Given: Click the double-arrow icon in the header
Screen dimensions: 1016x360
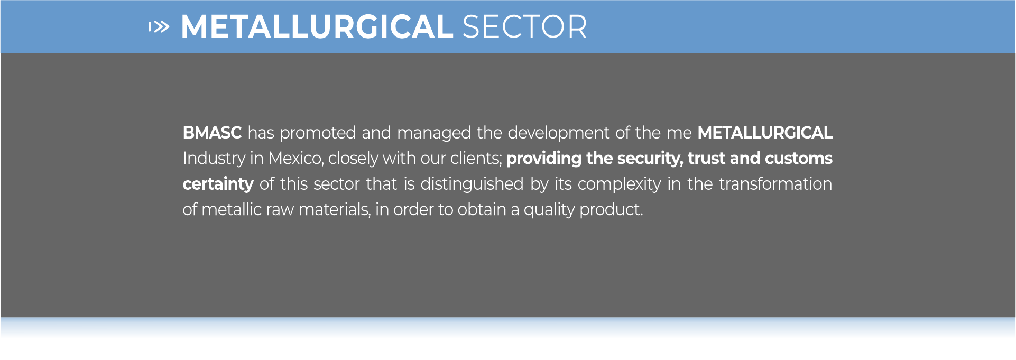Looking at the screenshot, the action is click(x=159, y=26).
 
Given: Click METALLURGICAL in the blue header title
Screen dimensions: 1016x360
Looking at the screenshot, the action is click(x=317, y=27).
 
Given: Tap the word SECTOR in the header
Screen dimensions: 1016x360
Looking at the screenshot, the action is click(x=525, y=27).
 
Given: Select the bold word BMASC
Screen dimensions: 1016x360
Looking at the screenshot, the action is click(x=212, y=133).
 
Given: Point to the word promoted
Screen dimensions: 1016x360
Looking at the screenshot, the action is click(x=318, y=133).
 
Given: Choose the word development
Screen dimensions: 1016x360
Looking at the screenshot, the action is click(x=559, y=133).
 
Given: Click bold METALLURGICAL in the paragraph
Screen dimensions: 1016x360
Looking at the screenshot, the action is click(x=765, y=133).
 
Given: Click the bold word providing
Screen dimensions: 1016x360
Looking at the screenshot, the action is click(x=544, y=159).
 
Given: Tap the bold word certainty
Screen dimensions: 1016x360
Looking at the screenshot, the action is click(x=218, y=184).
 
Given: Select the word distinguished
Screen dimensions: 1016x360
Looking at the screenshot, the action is click(x=472, y=184).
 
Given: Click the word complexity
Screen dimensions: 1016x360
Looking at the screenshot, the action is click(x=620, y=184).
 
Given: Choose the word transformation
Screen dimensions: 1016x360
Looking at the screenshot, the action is click(x=775, y=184).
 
